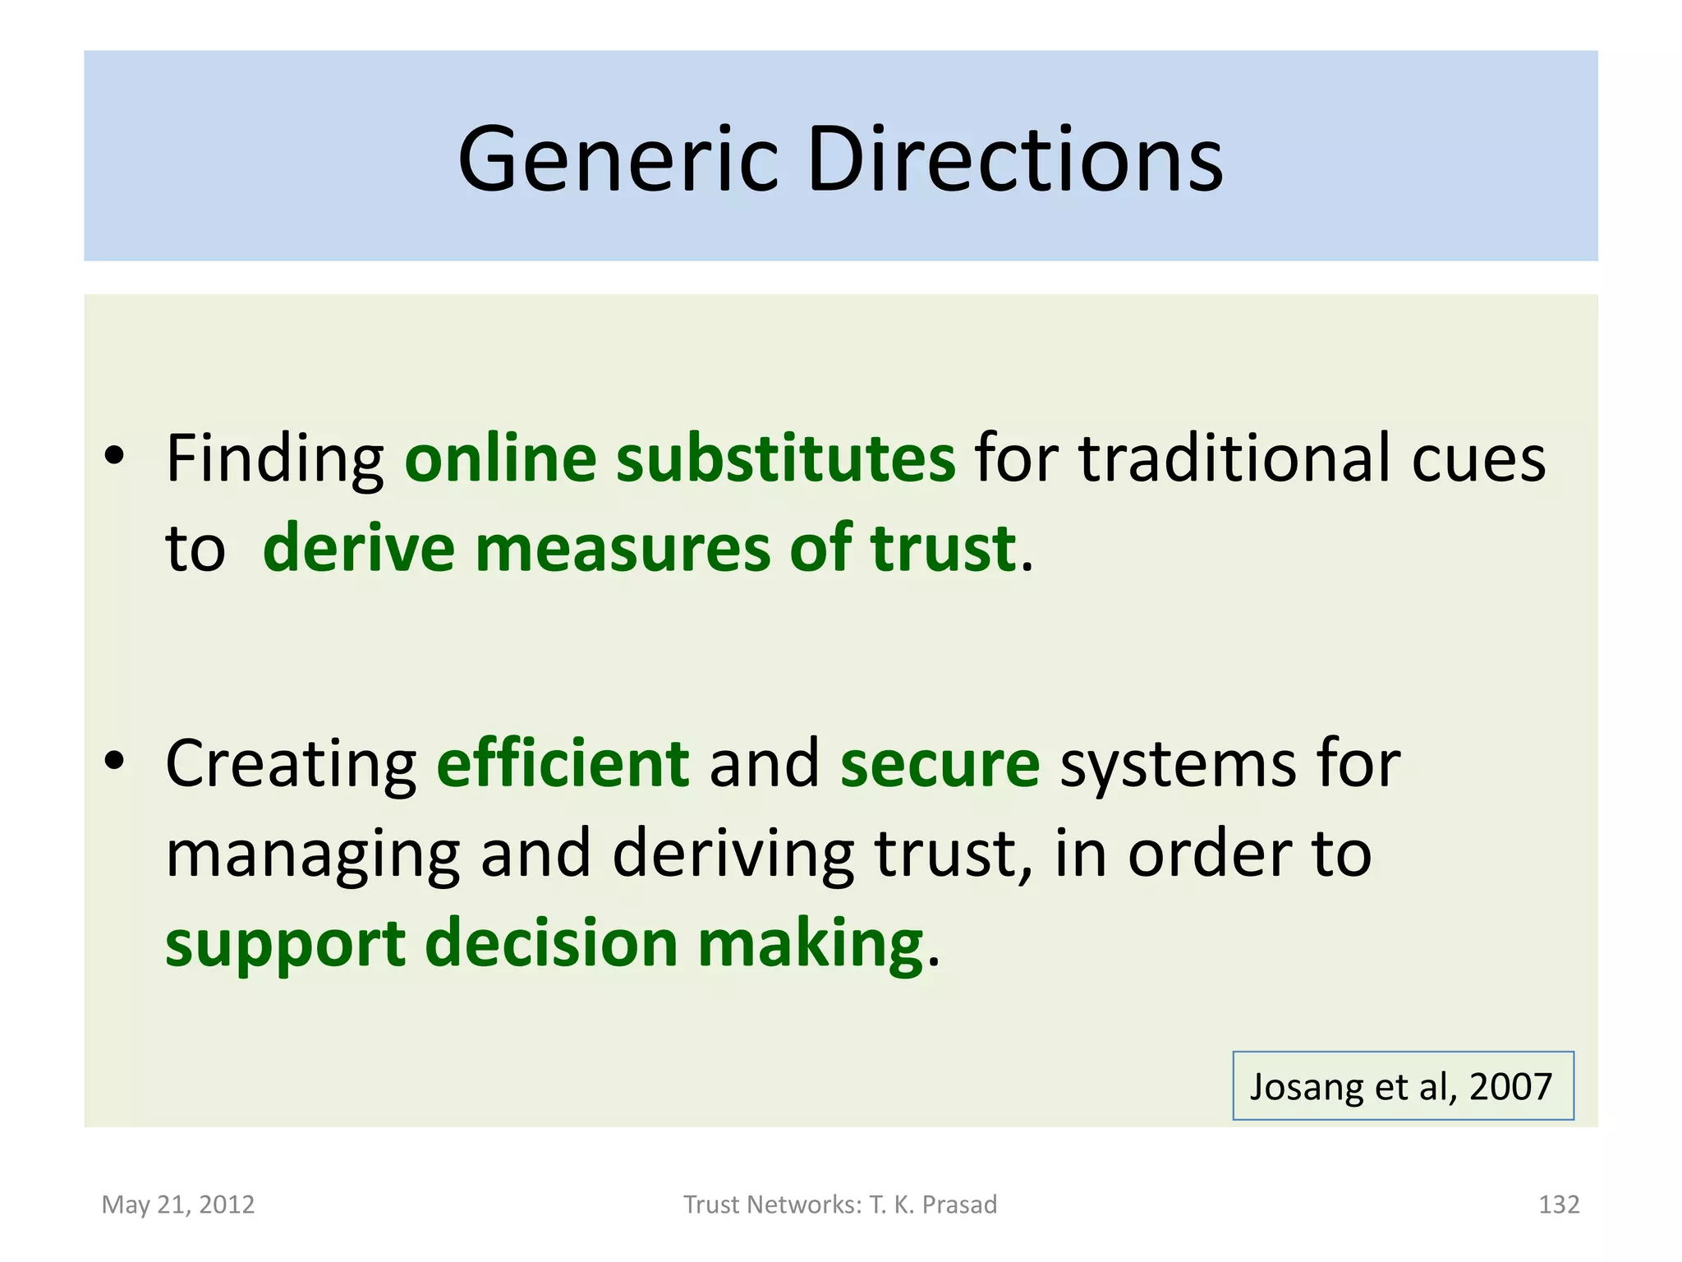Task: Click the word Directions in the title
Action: click(1014, 160)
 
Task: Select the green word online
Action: click(500, 458)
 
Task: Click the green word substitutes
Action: click(786, 458)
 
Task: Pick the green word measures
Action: click(623, 548)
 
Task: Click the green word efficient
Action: click(563, 763)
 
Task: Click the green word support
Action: click(285, 945)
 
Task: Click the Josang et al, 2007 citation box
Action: click(1402, 1085)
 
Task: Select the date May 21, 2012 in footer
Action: click(178, 1204)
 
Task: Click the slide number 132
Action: click(1558, 1204)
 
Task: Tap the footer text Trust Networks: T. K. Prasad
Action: click(840, 1204)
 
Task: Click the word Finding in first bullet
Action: click(275, 459)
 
